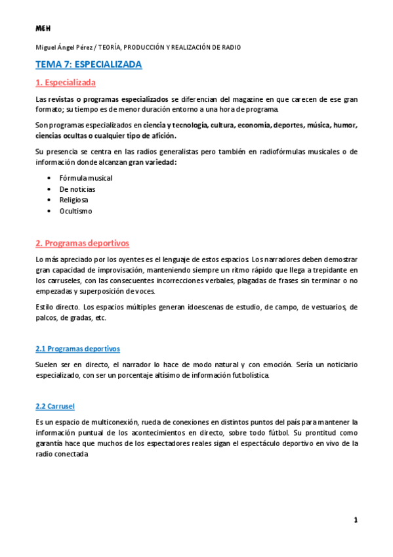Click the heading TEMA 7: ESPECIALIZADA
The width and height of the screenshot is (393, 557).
tap(89, 64)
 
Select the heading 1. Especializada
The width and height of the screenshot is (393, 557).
tap(66, 83)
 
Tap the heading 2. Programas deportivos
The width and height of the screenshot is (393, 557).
tap(82, 243)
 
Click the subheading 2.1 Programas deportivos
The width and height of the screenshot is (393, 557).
tap(77, 348)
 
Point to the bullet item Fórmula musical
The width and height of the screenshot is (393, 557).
tap(86, 178)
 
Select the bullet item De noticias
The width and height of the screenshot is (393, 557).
tap(77, 189)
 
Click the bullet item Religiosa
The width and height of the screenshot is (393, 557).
tap(73, 200)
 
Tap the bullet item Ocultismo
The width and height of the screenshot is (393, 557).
tap(75, 211)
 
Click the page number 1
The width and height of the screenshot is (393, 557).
tap(355, 520)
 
